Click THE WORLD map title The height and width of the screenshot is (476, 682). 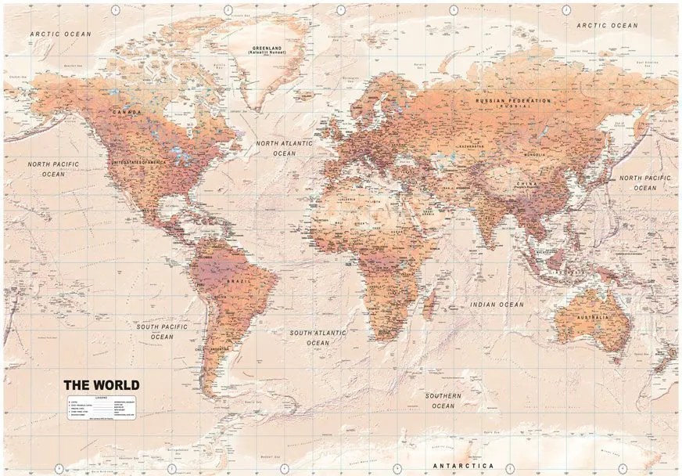point(101,384)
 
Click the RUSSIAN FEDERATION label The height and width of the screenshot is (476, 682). point(515,102)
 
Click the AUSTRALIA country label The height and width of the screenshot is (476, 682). point(592,317)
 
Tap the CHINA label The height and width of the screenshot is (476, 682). point(523,184)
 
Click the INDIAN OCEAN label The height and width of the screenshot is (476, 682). point(497,304)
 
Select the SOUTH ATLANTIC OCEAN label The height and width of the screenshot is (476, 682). point(318,337)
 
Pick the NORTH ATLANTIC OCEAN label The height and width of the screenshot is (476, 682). point(285,149)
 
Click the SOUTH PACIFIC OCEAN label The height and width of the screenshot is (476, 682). point(162,331)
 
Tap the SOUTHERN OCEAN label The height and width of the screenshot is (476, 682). point(443,401)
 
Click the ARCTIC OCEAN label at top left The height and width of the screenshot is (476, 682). point(61,34)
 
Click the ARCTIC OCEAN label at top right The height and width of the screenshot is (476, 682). point(608,26)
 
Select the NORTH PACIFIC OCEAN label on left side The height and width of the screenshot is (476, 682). point(54,169)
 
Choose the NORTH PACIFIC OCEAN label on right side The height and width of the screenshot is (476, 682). point(645,182)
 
